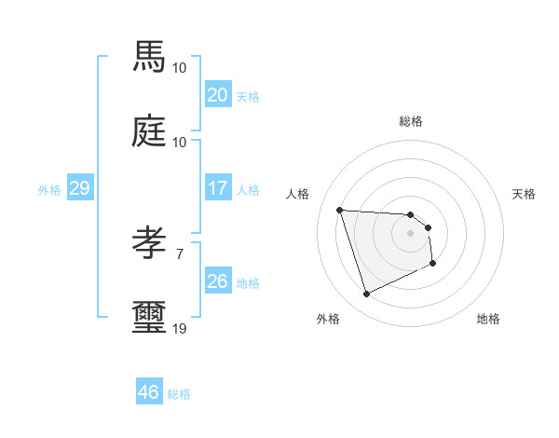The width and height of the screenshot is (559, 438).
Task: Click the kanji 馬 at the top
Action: (x=150, y=58)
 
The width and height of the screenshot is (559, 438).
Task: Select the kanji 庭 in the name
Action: (x=150, y=132)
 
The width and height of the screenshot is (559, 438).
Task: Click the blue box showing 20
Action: (x=217, y=95)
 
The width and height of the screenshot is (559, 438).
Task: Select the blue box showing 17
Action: (x=217, y=188)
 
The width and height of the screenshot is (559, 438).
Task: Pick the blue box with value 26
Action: (x=217, y=281)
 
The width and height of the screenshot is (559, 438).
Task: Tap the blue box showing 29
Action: (x=79, y=188)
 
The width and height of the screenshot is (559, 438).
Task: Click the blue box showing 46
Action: (x=148, y=392)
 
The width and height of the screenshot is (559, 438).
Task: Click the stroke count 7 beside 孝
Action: (x=179, y=253)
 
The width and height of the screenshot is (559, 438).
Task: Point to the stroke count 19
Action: (x=179, y=328)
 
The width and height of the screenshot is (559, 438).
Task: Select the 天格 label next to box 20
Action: (x=248, y=97)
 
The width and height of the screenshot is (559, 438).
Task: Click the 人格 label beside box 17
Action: (x=248, y=190)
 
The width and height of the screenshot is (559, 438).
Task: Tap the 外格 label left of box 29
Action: (x=49, y=190)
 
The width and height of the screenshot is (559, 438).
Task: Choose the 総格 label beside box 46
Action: (x=179, y=394)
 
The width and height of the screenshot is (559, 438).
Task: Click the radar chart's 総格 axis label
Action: (x=411, y=121)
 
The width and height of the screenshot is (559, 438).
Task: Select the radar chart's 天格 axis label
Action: (x=525, y=194)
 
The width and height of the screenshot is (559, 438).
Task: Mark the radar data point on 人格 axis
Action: (x=340, y=210)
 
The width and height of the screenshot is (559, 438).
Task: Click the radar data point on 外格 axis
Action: (x=366, y=294)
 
